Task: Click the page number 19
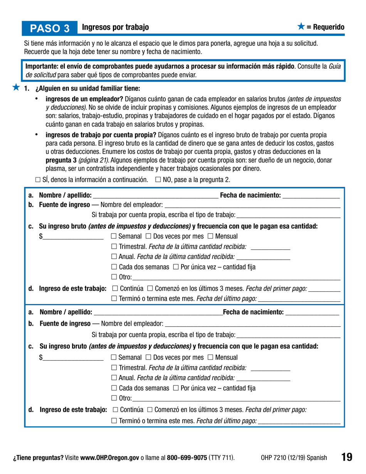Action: [346, 457]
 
